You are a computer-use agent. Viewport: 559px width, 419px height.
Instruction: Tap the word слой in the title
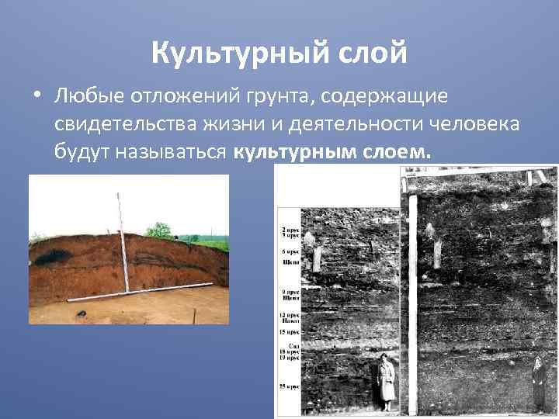(x=377, y=54)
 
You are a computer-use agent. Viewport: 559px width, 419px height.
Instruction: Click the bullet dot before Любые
(x=36, y=97)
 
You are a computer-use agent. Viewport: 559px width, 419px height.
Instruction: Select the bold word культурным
(x=295, y=150)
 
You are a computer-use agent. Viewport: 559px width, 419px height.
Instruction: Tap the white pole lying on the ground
(x=140, y=291)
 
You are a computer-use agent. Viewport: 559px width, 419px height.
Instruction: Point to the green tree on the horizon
(x=159, y=230)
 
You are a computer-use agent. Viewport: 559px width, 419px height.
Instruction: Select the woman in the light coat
(x=386, y=381)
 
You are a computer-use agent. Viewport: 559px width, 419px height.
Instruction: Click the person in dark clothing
(x=538, y=384)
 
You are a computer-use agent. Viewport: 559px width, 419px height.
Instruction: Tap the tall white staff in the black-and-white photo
(x=412, y=303)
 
